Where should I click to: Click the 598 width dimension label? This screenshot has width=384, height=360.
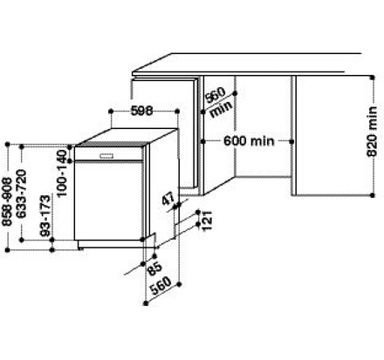pos(141,111)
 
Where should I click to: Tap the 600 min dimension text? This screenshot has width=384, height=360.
pos(249,141)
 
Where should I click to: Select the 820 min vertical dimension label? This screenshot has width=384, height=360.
pos(372,132)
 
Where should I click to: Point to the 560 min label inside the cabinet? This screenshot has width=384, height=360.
pos(218,102)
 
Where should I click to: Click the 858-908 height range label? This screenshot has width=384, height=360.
pos(7,202)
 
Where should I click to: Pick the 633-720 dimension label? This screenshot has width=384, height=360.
pos(21,194)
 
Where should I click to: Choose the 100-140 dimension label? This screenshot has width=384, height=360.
pos(61,173)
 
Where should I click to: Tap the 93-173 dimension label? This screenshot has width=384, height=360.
pos(45,216)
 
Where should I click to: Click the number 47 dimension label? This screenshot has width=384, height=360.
pos(168,199)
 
